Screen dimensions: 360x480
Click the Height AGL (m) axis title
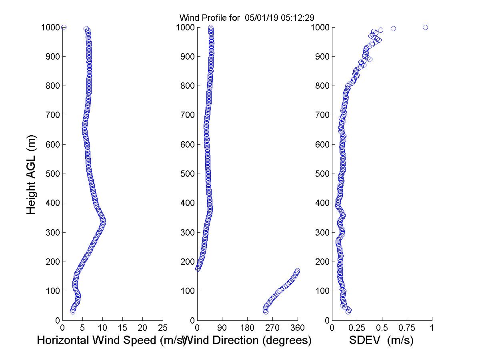coord(31,174)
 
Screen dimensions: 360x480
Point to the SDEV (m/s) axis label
coord(381,340)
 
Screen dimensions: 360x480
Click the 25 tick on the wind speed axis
coord(163,328)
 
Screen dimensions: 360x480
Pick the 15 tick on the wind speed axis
coord(123,328)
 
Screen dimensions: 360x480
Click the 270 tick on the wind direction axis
coord(272,328)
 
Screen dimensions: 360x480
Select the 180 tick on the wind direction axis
coord(247,328)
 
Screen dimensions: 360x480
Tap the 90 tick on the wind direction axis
coord(222,328)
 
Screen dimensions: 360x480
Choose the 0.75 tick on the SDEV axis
coord(407,328)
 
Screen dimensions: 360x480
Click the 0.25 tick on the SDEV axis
coord(357,328)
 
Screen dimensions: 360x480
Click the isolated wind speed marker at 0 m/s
coord(64,27)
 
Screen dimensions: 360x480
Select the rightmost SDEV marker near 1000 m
coord(425,27)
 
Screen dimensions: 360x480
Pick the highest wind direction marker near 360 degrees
coord(297,271)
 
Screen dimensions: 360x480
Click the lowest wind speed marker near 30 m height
coord(72,311)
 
